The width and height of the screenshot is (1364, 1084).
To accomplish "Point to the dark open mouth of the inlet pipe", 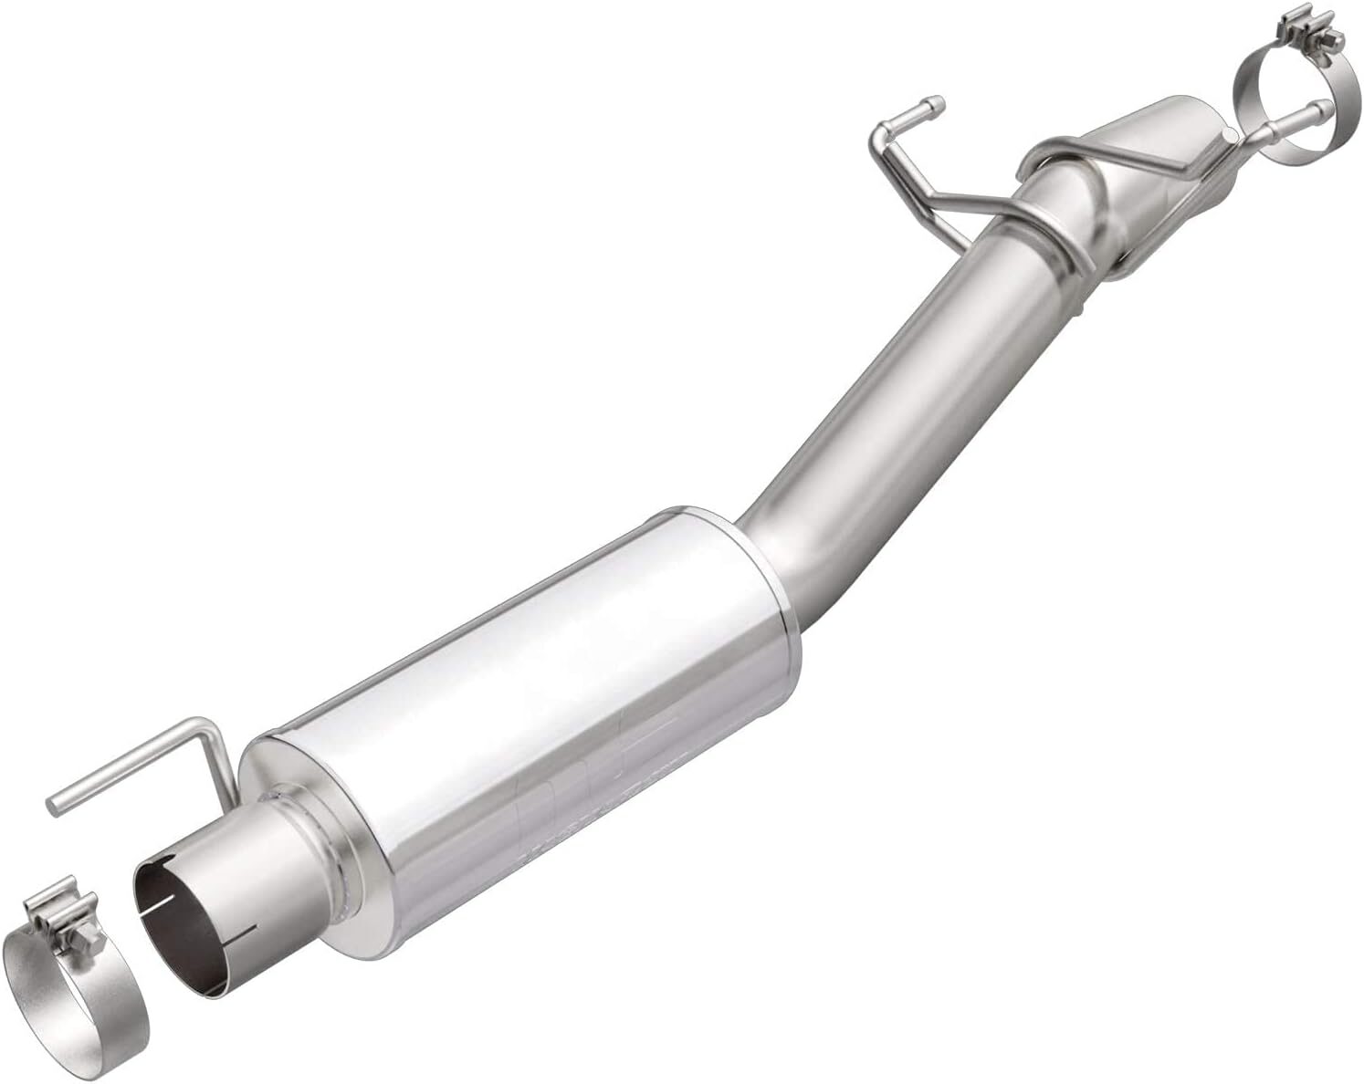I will (183, 931).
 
